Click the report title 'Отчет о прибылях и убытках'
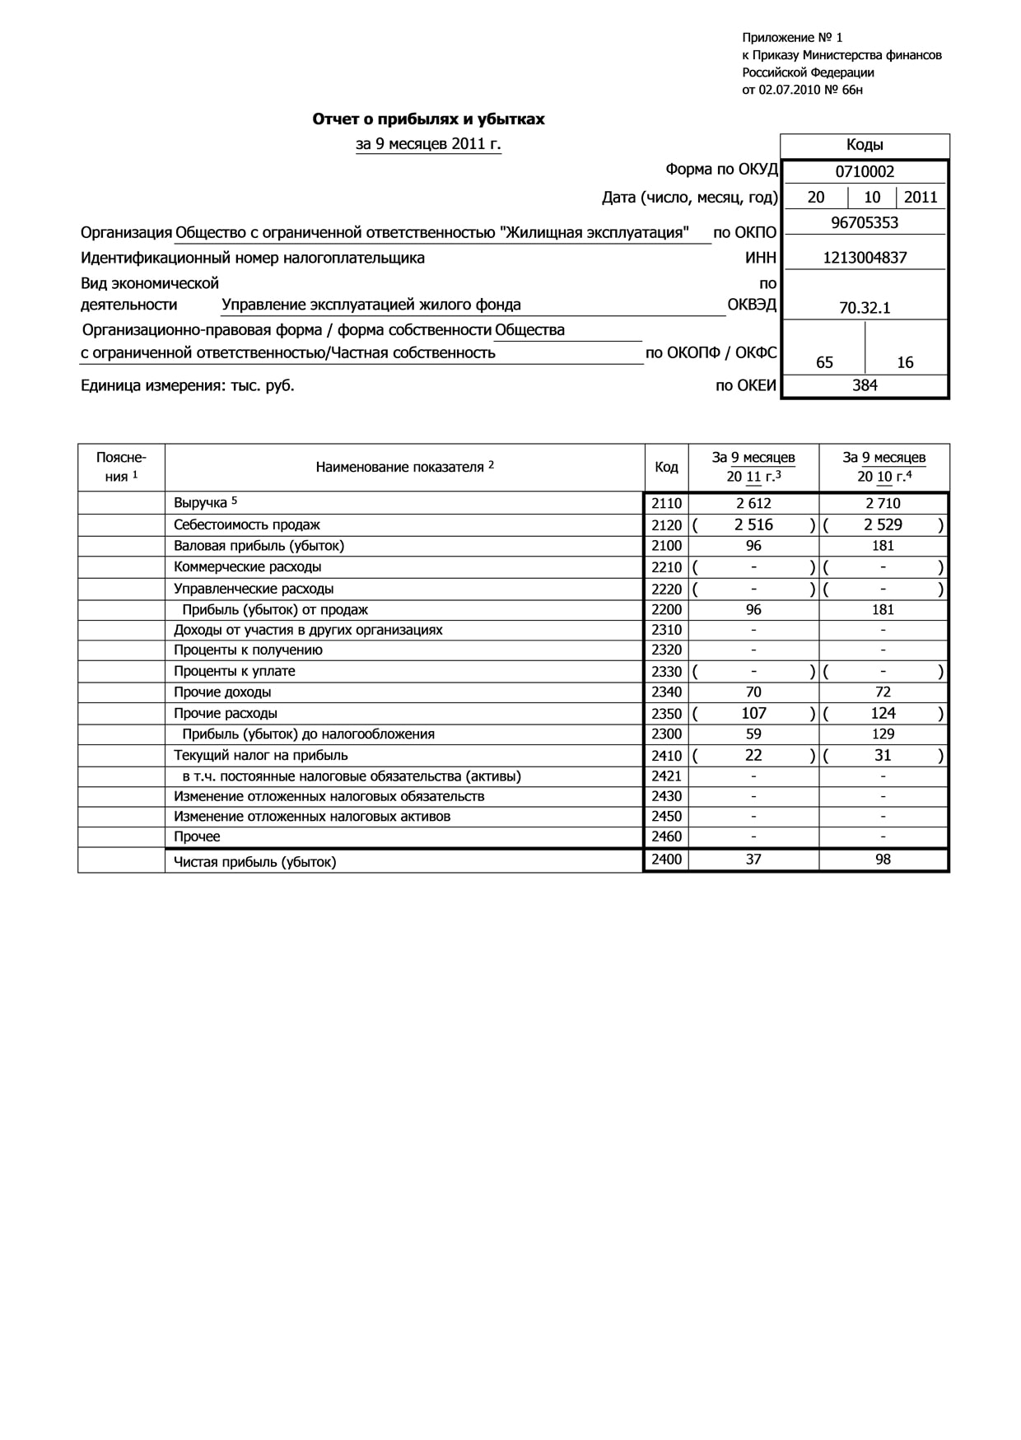(x=428, y=119)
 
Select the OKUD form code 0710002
(x=865, y=172)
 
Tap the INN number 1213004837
(x=865, y=258)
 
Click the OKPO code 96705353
(x=865, y=223)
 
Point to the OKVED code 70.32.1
(x=865, y=308)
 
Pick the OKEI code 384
(x=865, y=385)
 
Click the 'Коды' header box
(x=865, y=145)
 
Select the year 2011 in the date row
(x=921, y=198)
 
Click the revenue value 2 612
(x=753, y=503)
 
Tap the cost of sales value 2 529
(x=883, y=525)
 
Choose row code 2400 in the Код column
(x=666, y=860)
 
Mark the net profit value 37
(x=753, y=860)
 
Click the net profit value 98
(x=883, y=860)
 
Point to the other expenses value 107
(x=753, y=714)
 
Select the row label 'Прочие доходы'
(x=222, y=692)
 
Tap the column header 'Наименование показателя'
(x=400, y=468)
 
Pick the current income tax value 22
(x=753, y=756)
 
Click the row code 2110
(x=666, y=503)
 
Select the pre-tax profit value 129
(x=883, y=734)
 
